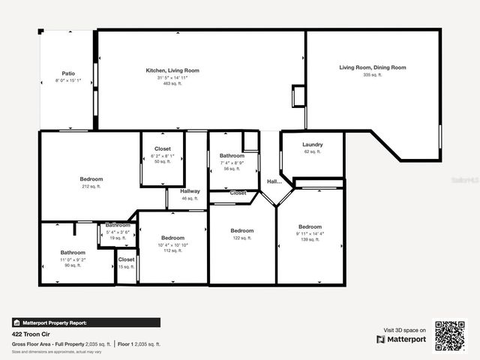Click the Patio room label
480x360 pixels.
[x=67, y=73]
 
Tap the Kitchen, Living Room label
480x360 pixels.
[x=172, y=70]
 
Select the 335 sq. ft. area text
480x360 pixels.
[x=373, y=75]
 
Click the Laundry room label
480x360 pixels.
[x=313, y=144]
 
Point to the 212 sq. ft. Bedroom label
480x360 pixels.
[x=91, y=179]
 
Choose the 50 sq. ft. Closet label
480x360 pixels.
[x=163, y=148]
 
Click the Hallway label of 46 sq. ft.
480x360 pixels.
[x=190, y=191]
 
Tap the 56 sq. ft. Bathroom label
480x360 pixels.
[x=232, y=156]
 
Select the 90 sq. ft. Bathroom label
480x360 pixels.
[x=73, y=253]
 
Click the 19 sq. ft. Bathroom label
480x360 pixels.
[x=118, y=225]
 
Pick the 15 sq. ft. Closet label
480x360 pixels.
[x=126, y=259]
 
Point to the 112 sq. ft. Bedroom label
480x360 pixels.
[x=172, y=238]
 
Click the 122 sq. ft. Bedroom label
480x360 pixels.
[x=242, y=231]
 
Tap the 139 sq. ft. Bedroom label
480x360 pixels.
[x=310, y=227]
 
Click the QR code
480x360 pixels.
[x=450, y=335]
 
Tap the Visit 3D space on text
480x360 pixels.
[x=405, y=330]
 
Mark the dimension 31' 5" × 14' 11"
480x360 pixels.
[x=172, y=77]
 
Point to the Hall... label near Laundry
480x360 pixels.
[x=274, y=181]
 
